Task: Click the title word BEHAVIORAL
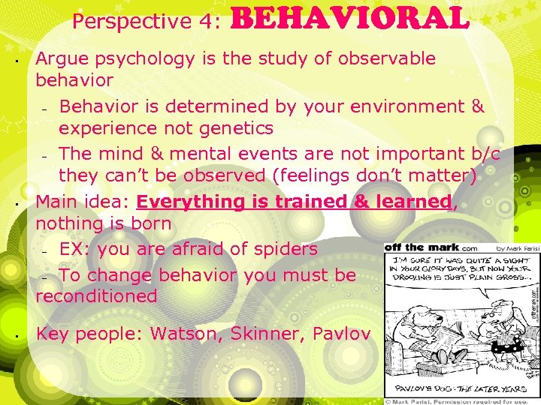354,19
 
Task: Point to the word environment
412,106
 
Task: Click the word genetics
231,128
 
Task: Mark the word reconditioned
96,295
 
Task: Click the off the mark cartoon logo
421,247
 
